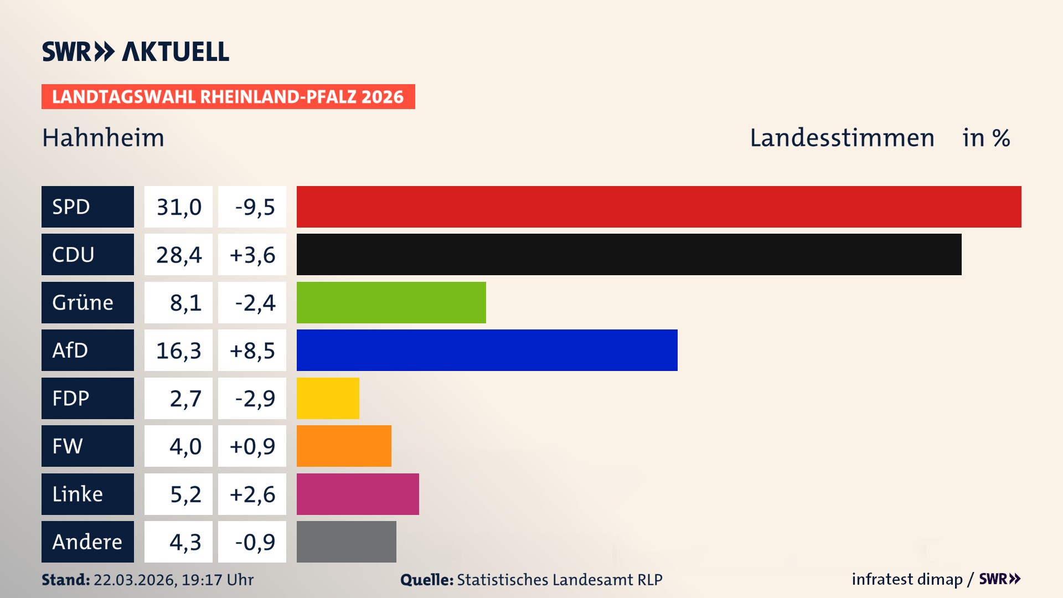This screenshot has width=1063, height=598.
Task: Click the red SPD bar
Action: pyautogui.click(x=659, y=207)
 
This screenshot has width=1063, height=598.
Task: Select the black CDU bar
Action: pyautogui.click(x=629, y=254)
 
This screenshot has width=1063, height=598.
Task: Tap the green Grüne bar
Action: pyautogui.click(x=391, y=302)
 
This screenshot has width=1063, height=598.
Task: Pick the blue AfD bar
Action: pyautogui.click(x=487, y=350)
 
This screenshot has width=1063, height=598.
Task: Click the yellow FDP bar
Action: pyautogui.click(x=328, y=398)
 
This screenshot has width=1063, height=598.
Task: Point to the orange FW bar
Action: pyautogui.click(x=344, y=446)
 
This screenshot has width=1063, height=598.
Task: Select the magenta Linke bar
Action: pyautogui.click(x=358, y=494)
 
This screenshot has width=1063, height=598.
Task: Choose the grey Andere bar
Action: pyautogui.click(x=346, y=542)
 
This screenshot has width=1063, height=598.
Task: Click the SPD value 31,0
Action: pyautogui.click(x=178, y=207)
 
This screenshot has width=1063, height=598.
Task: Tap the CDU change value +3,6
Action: pyautogui.click(x=252, y=254)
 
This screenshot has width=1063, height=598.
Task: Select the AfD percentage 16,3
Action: pyautogui.click(x=178, y=350)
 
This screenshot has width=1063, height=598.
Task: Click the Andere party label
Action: pyautogui.click(x=87, y=542)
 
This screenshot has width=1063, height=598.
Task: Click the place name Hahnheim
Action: pyautogui.click(x=103, y=138)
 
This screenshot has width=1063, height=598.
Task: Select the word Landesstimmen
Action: pyautogui.click(x=842, y=138)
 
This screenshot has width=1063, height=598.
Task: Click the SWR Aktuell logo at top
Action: pyautogui.click(x=135, y=51)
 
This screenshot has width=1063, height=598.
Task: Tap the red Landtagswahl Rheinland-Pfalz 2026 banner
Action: pyautogui.click(x=228, y=97)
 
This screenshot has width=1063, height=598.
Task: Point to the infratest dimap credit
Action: pyautogui.click(x=907, y=579)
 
